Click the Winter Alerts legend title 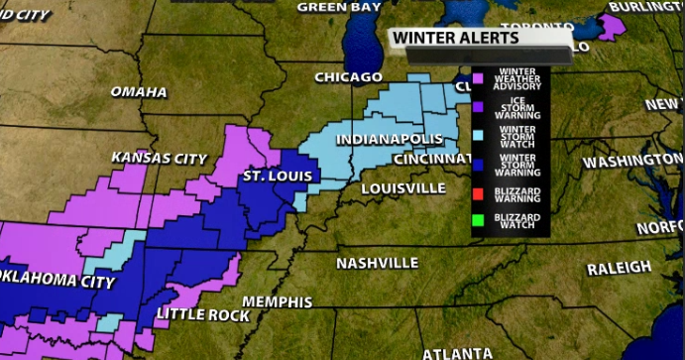point(455,39)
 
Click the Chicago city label point(348,77)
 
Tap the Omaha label point(139,92)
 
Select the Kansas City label point(159,159)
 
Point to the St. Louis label point(278,178)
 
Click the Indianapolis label point(383,139)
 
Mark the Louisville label point(402,187)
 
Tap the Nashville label point(377,264)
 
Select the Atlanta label point(457,353)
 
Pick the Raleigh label point(619,269)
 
